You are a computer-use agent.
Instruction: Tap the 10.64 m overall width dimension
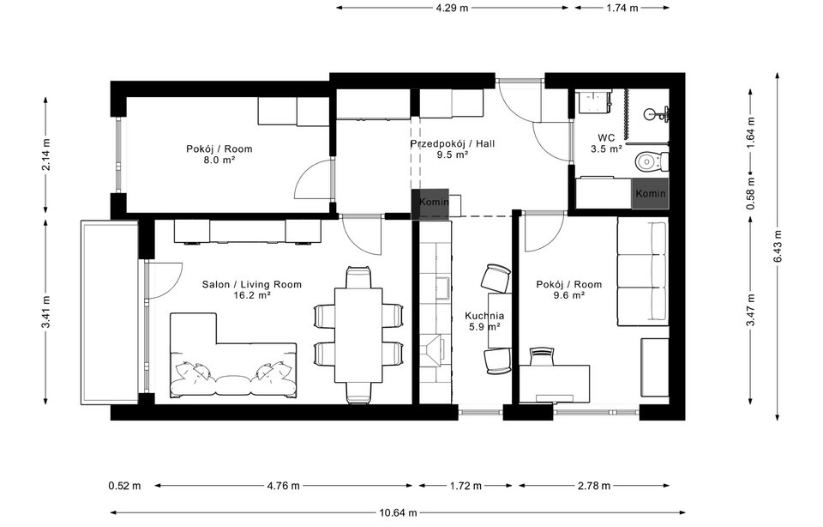[399, 513]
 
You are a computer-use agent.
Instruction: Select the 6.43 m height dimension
[778, 233]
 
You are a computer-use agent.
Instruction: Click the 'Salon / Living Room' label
[251, 284]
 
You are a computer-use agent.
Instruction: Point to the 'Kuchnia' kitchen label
[484, 316]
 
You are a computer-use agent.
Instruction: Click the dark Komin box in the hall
[430, 201]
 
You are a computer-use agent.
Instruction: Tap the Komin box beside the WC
[651, 195]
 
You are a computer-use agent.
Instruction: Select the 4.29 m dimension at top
[452, 8]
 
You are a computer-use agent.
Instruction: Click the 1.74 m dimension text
[622, 8]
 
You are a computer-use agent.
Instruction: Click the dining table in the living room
[358, 335]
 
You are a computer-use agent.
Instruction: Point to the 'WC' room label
[606, 137]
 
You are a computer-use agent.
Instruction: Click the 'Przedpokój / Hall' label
[452, 144]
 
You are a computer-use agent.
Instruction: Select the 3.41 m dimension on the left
[46, 312]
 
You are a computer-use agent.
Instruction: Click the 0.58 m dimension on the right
[750, 194]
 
